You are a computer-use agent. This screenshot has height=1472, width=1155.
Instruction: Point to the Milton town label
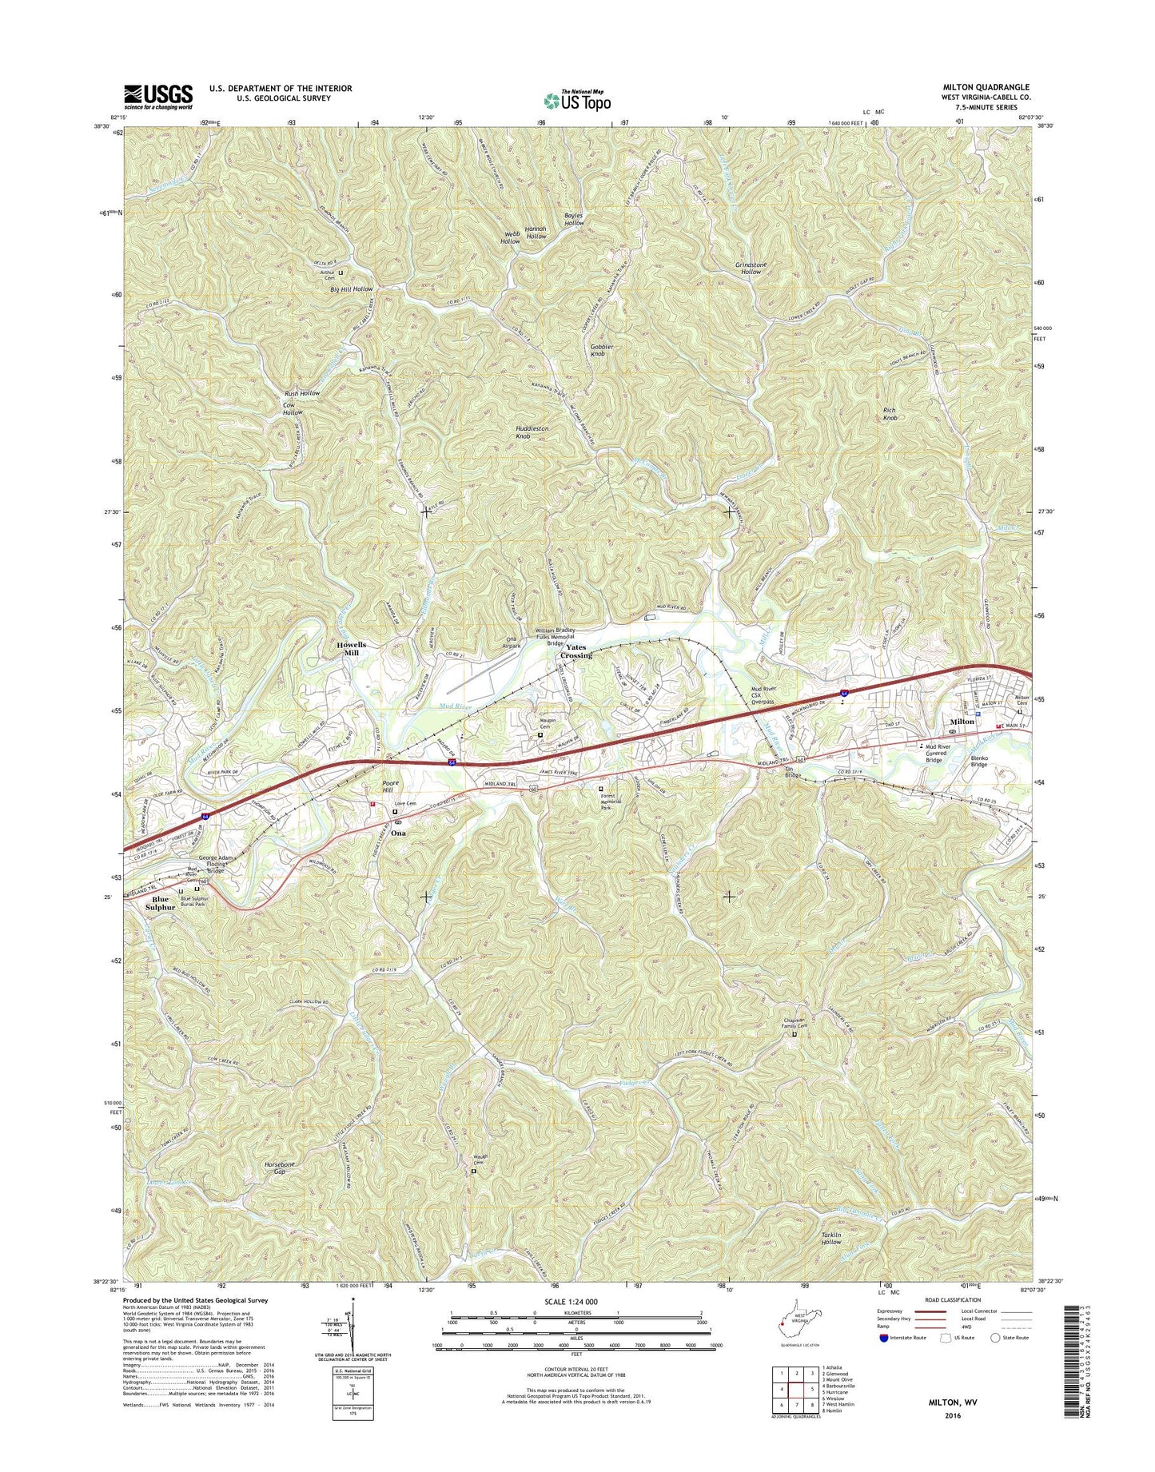click(x=962, y=721)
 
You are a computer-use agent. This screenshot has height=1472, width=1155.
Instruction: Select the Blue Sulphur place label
click(x=161, y=903)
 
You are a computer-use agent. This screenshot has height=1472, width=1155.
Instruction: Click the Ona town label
click(x=397, y=833)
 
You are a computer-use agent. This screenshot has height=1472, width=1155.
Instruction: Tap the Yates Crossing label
click(x=576, y=651)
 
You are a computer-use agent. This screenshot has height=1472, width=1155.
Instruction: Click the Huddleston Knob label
click(x=532, y=432)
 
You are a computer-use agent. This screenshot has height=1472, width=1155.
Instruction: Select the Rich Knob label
click(x=890, y=414)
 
